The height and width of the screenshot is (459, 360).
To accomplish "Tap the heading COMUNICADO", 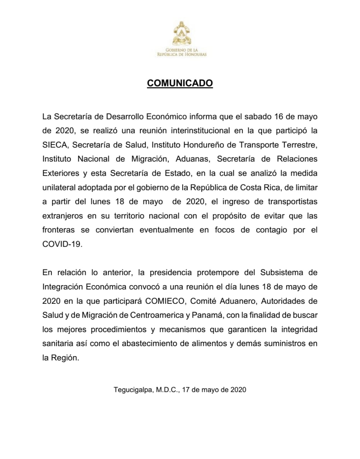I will [x=180, y=83].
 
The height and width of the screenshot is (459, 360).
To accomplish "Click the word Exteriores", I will [x=61, y=173].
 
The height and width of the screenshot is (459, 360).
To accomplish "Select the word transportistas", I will [x=293, y=202].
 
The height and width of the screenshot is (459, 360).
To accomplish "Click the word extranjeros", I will [x=63, y=216].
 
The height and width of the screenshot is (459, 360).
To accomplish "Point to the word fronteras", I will [x=58, y=230].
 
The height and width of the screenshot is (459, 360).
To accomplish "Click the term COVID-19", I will [x=62, y=244].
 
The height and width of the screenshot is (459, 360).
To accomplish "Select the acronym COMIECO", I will [x=166, y=301].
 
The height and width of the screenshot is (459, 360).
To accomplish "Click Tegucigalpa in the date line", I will [x=134, y=389].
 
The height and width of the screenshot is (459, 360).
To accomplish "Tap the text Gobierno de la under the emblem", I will [x=182, y=50].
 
